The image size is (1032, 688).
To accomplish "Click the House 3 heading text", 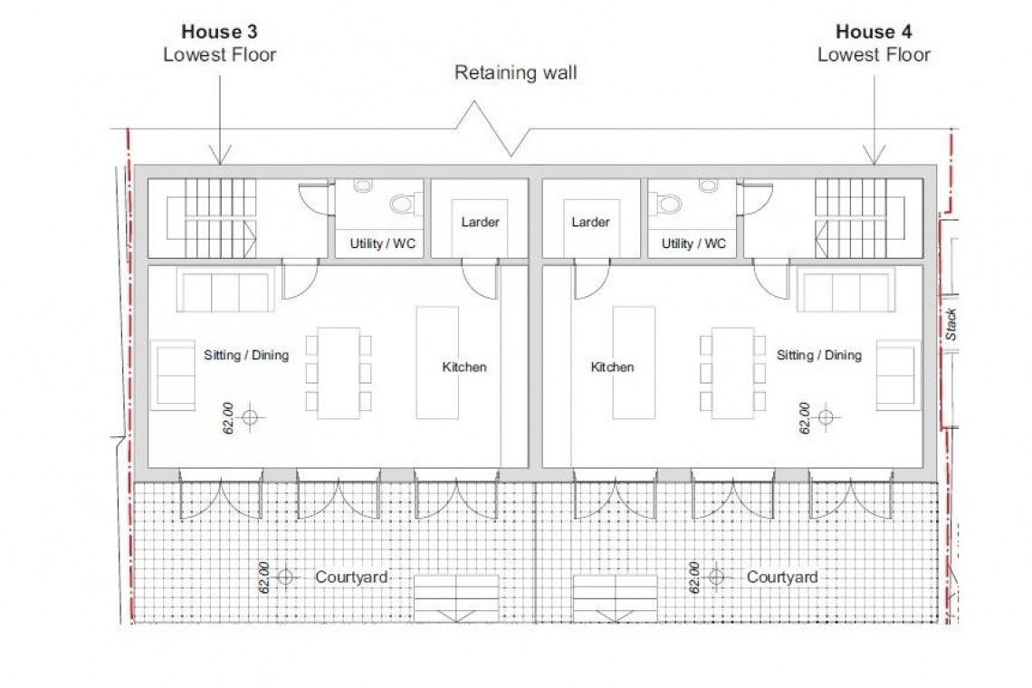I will tap(219, 32).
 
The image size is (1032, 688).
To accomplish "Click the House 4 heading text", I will tap(874, 32).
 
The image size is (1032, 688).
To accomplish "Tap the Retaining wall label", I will tap(515, 73).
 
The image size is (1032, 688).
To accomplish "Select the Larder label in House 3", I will tap(480, 222).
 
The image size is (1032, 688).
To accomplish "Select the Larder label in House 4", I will tap(590, 222).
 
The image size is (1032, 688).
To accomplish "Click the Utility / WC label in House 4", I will tap(693, 244).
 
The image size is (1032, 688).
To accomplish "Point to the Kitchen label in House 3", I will tap(463, 367).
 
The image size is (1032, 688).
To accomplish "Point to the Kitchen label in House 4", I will tap(612, 367).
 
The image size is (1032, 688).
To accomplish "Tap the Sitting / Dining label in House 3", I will tap(246, 355).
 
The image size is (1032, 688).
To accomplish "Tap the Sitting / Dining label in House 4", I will tap(818, 355).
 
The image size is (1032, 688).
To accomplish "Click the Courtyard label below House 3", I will tap(352, 577).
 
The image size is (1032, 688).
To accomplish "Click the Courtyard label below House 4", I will tap(782, 577).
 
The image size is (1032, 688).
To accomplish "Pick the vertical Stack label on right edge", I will tap(951, 324).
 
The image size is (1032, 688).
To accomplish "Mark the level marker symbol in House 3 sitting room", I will tap(251, 417).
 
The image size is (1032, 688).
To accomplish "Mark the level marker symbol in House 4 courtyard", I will tap(716, 577).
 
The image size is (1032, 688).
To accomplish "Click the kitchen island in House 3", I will tap(437, 362).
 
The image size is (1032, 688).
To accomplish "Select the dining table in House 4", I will tap(733, 373).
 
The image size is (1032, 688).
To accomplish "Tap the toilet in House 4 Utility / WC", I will tap(668, 204).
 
